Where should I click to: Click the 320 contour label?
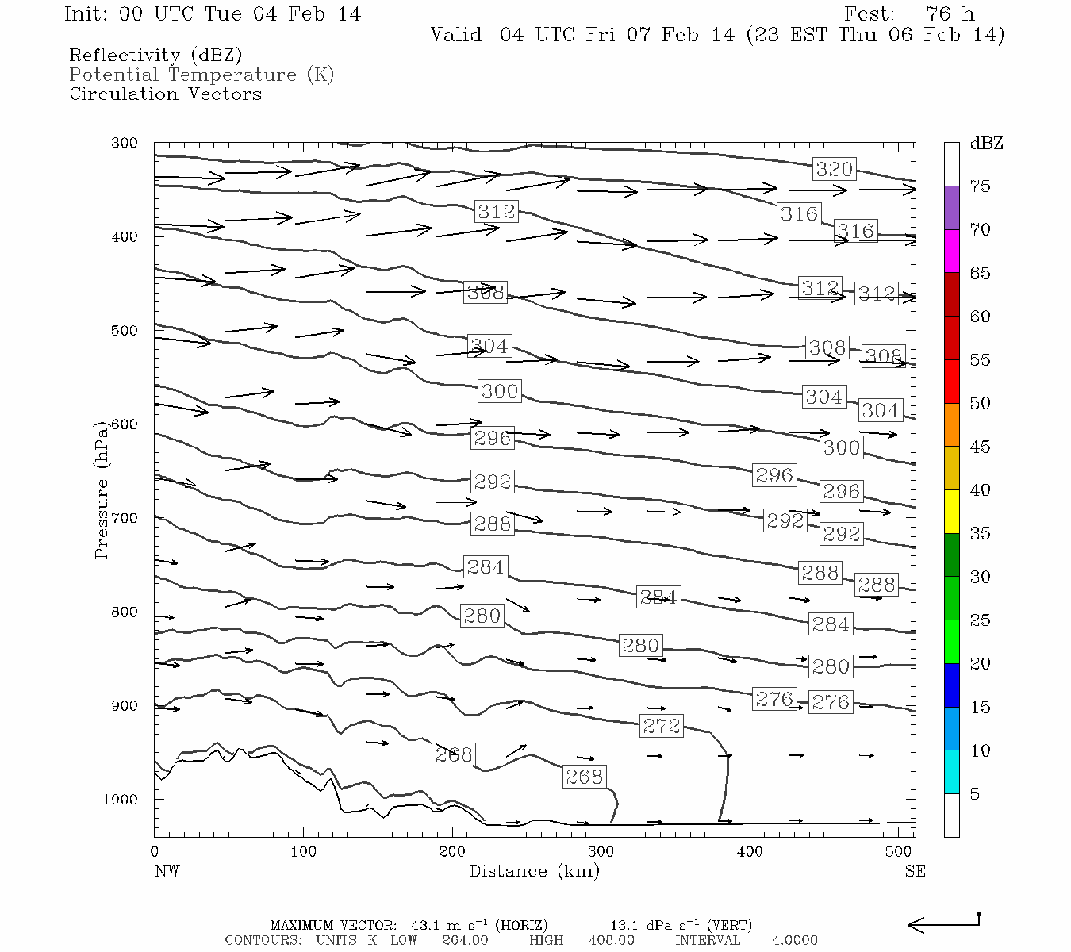834,169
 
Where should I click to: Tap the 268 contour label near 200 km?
454,754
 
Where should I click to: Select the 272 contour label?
662,726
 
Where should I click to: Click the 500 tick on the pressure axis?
125,331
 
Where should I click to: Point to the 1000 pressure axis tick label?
121,800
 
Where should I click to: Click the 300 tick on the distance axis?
601,852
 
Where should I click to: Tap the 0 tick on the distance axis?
155,852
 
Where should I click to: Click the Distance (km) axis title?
534,871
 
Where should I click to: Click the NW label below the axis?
167,871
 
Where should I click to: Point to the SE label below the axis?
915,871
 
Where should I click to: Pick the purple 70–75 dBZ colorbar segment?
951,208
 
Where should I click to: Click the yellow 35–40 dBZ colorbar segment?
951,512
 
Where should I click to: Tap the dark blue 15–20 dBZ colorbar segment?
951,685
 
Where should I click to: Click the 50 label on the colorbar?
980,404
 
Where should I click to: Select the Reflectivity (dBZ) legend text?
155,56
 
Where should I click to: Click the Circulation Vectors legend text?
165,94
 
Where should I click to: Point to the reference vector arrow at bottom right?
943,923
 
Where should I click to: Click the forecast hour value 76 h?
950,14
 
